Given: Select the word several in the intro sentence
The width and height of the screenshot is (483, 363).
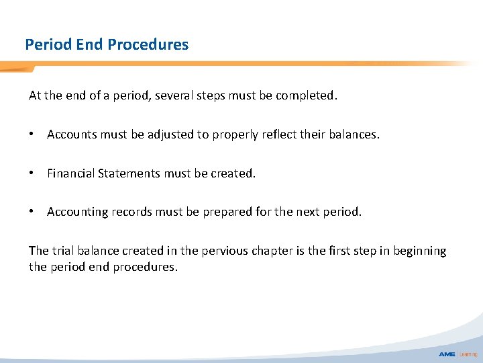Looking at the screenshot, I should [175, 95].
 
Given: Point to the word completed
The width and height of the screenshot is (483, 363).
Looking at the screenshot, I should [306, 95].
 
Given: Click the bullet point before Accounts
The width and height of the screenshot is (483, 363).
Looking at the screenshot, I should [32, 134].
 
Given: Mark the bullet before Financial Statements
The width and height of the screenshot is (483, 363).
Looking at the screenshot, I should [32, 173].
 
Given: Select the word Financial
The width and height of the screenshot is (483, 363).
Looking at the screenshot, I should [70, 173].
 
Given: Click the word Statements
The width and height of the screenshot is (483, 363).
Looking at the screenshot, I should [129, 173].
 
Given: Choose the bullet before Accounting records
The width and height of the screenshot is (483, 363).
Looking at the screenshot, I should [32, 212].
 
